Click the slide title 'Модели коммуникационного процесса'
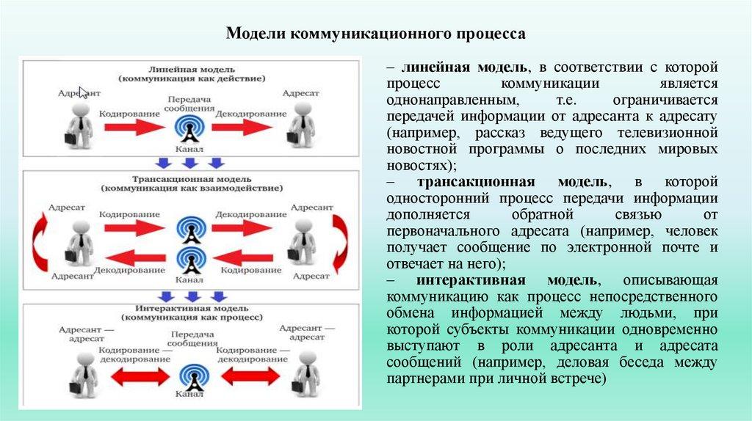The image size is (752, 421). [375, 34]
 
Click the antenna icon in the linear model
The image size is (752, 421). [190, 127]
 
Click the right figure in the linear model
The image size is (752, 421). [301, 125]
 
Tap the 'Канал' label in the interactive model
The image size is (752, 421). [189, 396]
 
